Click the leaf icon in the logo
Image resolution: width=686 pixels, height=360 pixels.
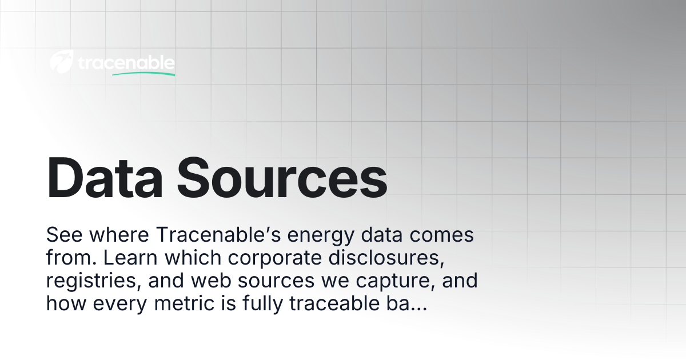62,61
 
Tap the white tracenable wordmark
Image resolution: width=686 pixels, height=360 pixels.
126,62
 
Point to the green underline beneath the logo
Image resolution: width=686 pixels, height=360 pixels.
143,74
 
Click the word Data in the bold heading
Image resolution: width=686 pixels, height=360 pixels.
105,178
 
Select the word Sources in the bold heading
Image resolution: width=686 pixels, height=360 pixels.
282,178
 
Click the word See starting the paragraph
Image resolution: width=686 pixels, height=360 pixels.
64,235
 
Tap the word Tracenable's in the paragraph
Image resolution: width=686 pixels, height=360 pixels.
218,235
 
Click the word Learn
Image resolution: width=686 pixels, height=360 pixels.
130,258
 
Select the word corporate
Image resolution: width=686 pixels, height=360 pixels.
275,259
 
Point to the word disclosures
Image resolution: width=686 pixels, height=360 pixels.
386,258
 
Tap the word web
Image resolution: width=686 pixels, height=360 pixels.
211,280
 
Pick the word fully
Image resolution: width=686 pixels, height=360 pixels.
263,305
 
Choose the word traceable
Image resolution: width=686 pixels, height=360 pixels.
334,303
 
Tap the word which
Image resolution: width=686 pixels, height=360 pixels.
193,258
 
